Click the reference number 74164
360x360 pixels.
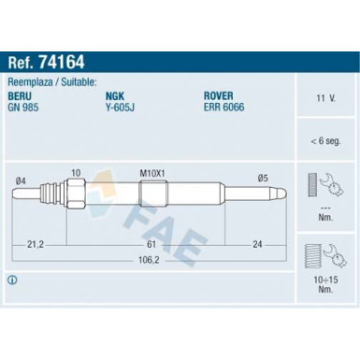[62, 62]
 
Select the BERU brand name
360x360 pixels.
[20, 96]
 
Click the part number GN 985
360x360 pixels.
[23, 108]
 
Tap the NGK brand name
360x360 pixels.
[115, 96]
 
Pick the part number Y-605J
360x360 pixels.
[121, 108]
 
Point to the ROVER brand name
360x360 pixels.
[219, 95]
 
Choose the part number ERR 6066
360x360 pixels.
[224, 107]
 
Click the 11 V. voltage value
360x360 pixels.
[326, 98]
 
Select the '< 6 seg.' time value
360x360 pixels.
[325, 141]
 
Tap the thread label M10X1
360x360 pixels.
[151, 173]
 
